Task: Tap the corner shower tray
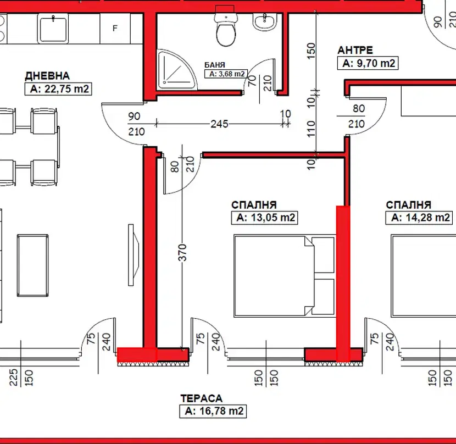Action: (176, 69)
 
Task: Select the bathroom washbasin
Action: (265, 22)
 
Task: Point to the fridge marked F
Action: (115, 29)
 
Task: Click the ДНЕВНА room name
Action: (47, 76)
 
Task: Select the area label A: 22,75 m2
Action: (58, 89)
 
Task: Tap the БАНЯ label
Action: (215, 65)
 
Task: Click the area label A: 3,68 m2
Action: (226, 74)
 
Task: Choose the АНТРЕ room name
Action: (355, 51)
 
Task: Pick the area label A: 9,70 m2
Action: (368, 63)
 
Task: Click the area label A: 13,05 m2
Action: (265, 218)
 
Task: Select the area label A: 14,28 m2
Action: (419, 218)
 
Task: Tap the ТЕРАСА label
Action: (201, 398)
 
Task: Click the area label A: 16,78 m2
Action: (213, 411)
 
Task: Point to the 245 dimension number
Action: (220, 124)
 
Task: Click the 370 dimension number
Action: (182, 253)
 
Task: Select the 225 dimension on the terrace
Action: (14, 378)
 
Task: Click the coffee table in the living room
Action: (32, 265)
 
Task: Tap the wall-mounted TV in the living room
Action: (133, 255)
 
